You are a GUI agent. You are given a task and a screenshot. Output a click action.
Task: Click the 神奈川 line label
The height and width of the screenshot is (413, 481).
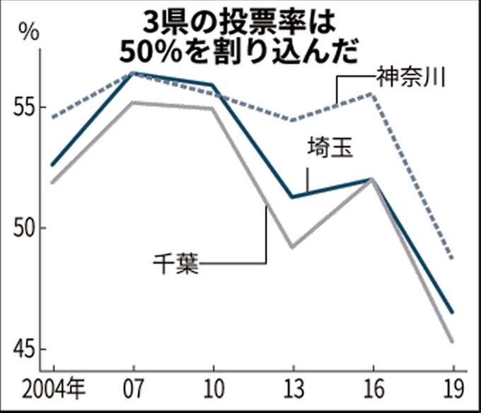[x=410, y=76]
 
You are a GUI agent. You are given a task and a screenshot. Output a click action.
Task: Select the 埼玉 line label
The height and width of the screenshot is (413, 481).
[x=330, y=148]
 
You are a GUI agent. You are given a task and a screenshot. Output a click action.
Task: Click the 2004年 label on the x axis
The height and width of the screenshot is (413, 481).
[x=53, y=390]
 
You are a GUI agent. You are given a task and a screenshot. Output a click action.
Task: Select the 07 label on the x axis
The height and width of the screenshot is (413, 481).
[x=133, y=390]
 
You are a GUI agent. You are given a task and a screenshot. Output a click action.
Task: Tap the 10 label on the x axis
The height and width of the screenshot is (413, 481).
[x=213, y=390]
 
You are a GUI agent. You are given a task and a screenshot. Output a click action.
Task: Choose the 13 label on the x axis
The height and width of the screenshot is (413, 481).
[x=293, y=390]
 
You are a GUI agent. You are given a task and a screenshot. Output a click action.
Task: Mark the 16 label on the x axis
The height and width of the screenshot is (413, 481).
[x=373, y=390]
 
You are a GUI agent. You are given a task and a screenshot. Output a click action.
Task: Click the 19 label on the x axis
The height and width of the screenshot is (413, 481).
[x=453, y=390]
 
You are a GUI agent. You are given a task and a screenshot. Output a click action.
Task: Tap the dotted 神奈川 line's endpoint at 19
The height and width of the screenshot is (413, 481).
[x=453, y=259]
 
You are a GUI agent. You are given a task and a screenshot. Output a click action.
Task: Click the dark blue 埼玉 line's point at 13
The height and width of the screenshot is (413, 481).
[x=293, y=197]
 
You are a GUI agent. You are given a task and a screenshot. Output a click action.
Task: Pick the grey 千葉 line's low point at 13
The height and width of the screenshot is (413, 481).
[x=293, y=247]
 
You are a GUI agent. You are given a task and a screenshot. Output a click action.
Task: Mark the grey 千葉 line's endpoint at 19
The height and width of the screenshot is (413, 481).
[x=453, y=341]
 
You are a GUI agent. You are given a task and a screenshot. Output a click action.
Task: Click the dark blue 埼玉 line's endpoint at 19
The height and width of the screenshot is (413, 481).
[x=453, y=312]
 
